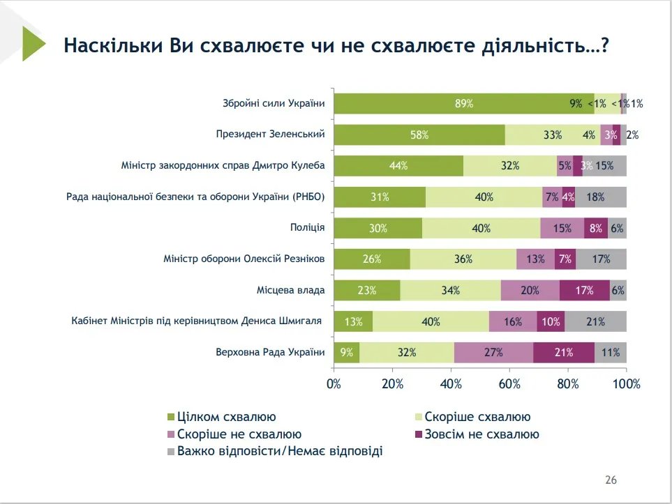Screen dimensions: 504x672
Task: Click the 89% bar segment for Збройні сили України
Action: coord(463,104)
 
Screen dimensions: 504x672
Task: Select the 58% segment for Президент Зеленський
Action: coord(419,135)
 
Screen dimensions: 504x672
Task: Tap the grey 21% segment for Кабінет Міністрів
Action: coord(595,321)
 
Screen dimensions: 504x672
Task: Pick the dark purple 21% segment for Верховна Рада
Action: coord(564,352)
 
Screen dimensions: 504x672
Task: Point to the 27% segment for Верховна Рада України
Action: coord(493,352)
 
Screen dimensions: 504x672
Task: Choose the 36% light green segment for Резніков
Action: coord(463,259)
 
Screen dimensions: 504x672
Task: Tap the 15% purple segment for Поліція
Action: coord(562,228)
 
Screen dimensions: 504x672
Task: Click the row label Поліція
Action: coord(307,228)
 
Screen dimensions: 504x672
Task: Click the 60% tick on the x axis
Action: coord(510,383)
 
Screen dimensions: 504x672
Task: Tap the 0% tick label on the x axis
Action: coord(334,383)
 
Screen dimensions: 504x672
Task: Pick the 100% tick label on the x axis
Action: coord(626,383)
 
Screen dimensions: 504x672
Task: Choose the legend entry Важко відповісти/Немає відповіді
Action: coord(280,451)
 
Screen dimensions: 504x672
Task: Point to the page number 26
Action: coord(611,480)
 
